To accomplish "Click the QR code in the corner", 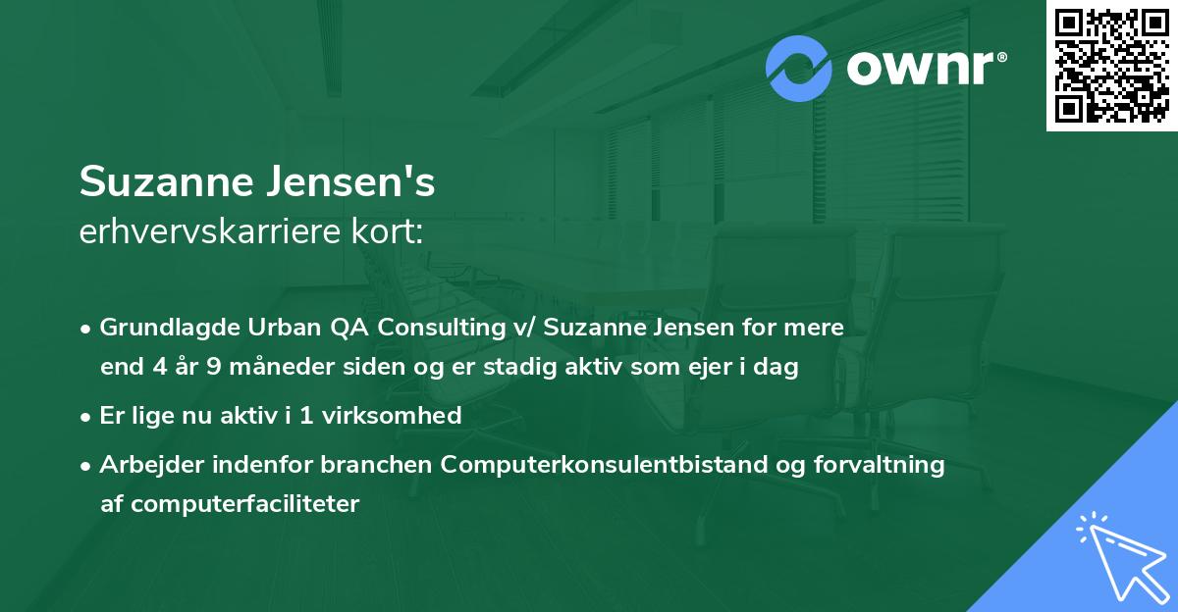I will coord(1111,66).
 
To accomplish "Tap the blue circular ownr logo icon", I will coord(800,68).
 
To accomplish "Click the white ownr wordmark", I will coord(926,69).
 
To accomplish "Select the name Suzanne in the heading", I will coord(170,183).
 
